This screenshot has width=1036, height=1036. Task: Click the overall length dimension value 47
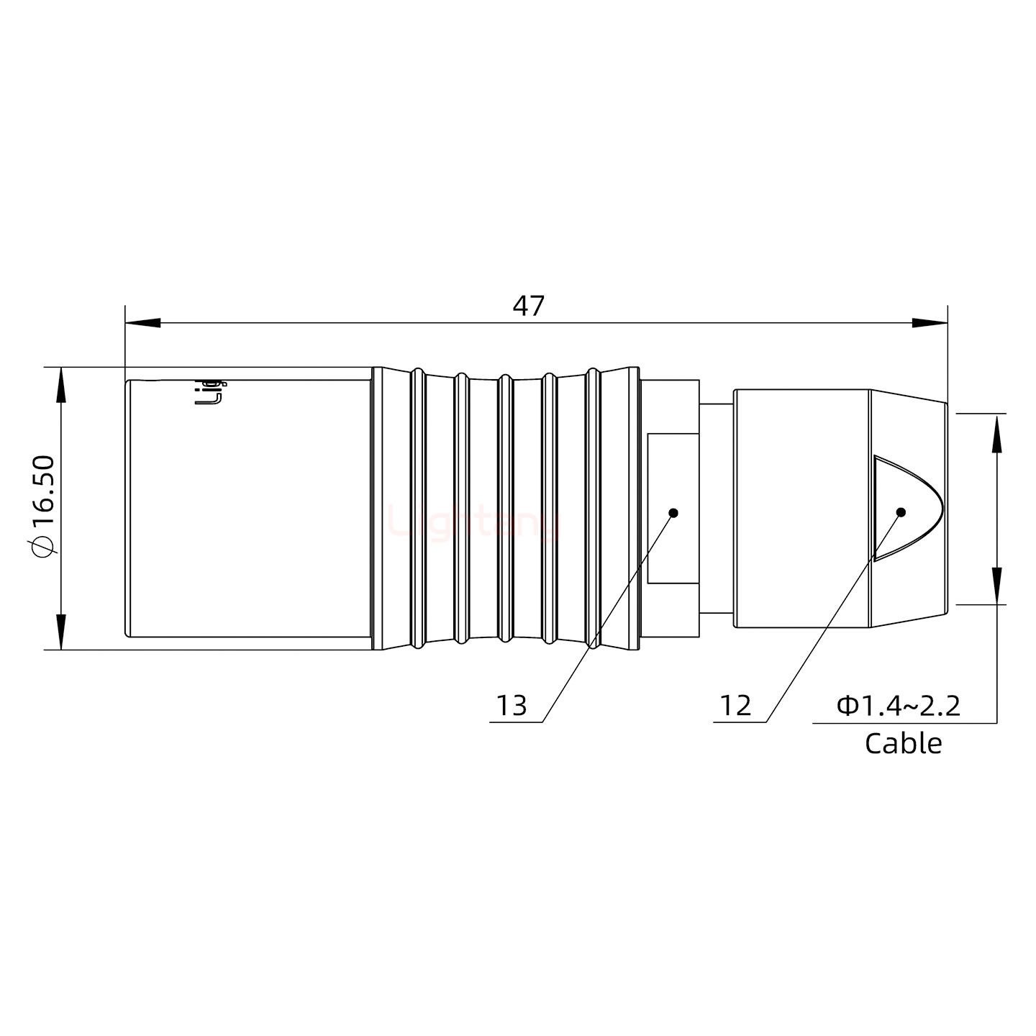click(x=528, y=306)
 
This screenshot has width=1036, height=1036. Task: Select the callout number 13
click(x=512, y=706)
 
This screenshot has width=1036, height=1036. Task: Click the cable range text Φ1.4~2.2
click(x=899, y=706)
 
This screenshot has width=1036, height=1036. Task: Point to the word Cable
click(x=903, y=743)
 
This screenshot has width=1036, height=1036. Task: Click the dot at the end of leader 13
click(x=673, y=513)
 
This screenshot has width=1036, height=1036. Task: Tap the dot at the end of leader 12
click(x=900, y=512)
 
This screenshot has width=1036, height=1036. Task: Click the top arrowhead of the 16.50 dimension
click(x=61, y=384)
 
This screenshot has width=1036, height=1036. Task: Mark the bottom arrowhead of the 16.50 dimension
click(x=61, y=633)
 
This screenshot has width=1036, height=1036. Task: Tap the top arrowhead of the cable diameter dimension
click(x=996, y=432)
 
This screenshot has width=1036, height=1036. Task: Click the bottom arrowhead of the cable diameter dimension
click(x=996, y=586)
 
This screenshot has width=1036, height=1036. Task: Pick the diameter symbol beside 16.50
click(x=42, y=547)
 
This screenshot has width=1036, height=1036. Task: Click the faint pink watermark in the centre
click(x=475, y=522)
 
